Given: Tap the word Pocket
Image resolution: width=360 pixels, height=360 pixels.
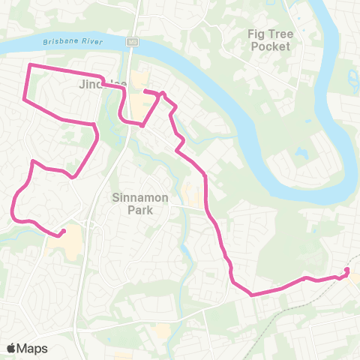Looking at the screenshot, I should (270, 46).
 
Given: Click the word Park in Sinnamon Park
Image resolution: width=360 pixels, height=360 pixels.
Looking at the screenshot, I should (140, 210).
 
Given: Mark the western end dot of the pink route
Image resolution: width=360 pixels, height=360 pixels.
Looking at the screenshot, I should (64, 231).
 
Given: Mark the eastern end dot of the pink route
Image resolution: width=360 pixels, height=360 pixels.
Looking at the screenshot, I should (347, 270).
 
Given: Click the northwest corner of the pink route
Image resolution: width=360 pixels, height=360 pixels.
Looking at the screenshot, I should (30, 66).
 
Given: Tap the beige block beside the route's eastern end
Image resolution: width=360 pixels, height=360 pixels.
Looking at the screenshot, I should (354, 278).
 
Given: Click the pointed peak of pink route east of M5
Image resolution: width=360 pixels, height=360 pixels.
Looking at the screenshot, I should (162, 94).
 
